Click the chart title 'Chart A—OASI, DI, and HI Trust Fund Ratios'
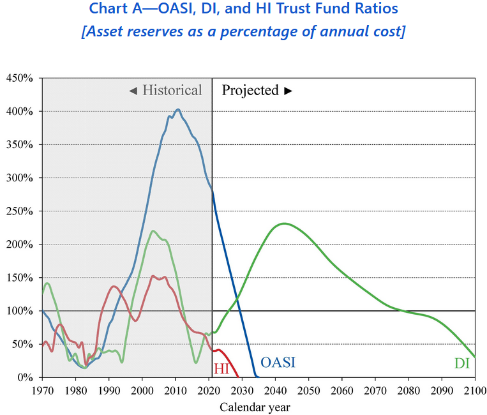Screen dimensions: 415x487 pos(243,9)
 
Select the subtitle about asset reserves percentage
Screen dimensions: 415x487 pos(243,31)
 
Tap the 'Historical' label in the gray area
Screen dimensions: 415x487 pos(165,90)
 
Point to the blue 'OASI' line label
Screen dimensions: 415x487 pos(278,363)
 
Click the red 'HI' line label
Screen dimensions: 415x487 pos(221,368)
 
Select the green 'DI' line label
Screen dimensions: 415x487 pos(462,363)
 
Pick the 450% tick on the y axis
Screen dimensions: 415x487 pos(20,78)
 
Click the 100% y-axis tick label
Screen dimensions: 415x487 pos(20,311)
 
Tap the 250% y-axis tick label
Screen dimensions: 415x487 pos(20,211)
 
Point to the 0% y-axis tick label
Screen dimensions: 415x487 pos(26,377)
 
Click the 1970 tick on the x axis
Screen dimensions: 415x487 pos(42,389)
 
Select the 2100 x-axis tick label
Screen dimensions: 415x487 pos(475,389)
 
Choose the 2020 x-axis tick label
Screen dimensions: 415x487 pos(209,389)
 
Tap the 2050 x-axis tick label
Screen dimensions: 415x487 pos(308,389)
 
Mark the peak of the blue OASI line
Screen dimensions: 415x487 pos(178,109)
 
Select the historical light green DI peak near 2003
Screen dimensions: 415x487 pos(153,230)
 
